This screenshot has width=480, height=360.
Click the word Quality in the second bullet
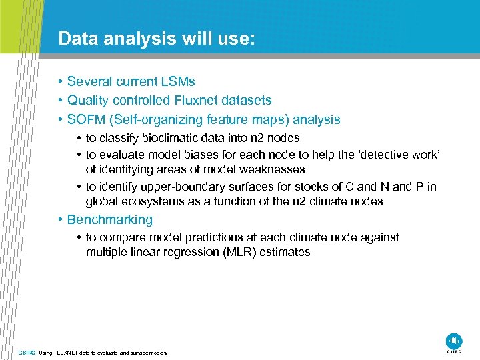click(x=90, y=101)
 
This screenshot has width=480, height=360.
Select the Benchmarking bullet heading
click(x=109, y=219)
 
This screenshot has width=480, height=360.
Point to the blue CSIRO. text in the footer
click(x=28, y=352)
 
